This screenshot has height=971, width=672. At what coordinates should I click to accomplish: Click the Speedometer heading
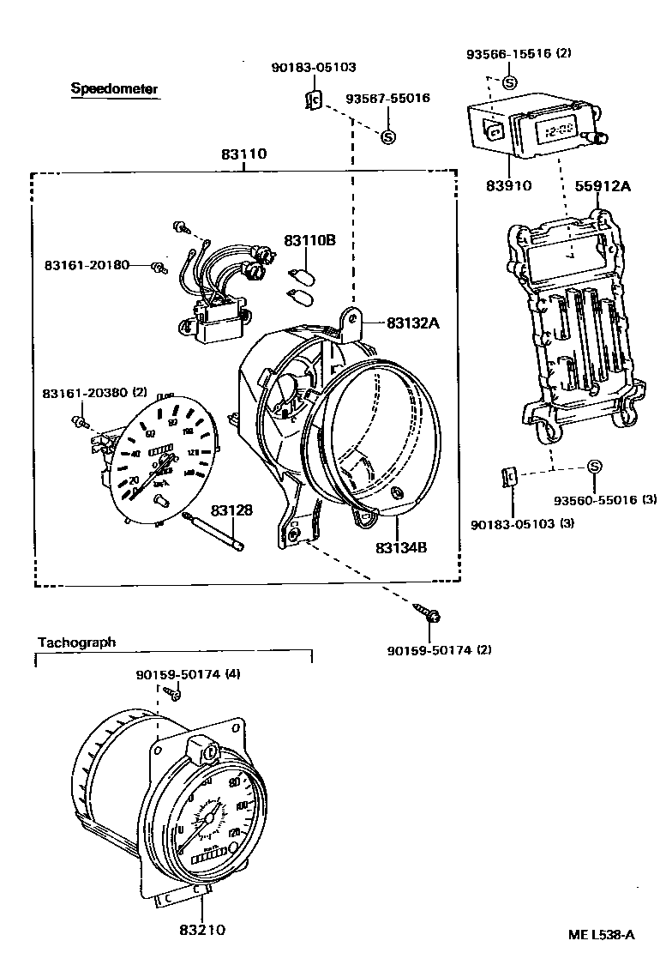(x=114, y=88)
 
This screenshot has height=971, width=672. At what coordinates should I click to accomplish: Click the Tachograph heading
(x=76, y=642)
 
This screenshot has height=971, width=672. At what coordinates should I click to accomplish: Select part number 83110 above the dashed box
(x=244, y=155)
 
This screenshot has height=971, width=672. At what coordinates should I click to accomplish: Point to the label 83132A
(x=413, y=323)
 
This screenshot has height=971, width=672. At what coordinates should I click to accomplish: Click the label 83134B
(x=401, y=546)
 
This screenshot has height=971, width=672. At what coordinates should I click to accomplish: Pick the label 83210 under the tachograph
(x=203, y=930)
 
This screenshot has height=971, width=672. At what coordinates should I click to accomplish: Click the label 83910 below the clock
(x=509, y=185)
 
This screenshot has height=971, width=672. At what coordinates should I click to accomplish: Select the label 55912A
(x=603, y=184)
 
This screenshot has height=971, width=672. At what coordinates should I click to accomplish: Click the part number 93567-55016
(x=387, y=99)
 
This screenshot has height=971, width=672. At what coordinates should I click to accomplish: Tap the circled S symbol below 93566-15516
(x=509, y=82)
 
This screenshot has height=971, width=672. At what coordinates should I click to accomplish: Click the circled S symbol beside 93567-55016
(x=387, y=136)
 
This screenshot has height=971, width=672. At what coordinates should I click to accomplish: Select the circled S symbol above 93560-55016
(x=594, y=466)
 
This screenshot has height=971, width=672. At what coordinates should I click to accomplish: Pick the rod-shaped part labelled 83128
(x=214, y=531)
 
